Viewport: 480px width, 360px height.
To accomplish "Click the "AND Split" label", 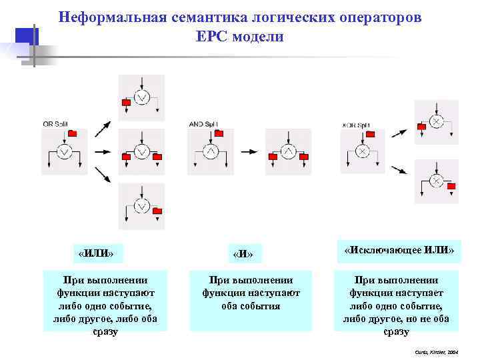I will coord(204,125).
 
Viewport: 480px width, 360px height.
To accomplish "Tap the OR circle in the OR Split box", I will coord(64,153).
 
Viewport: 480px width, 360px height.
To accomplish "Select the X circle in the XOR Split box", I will coord(361,153).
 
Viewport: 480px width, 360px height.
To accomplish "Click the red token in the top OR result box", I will coord(127,103).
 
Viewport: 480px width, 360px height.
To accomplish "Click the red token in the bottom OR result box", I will coord(157,211).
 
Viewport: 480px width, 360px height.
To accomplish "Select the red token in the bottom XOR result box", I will coord(452,186).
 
